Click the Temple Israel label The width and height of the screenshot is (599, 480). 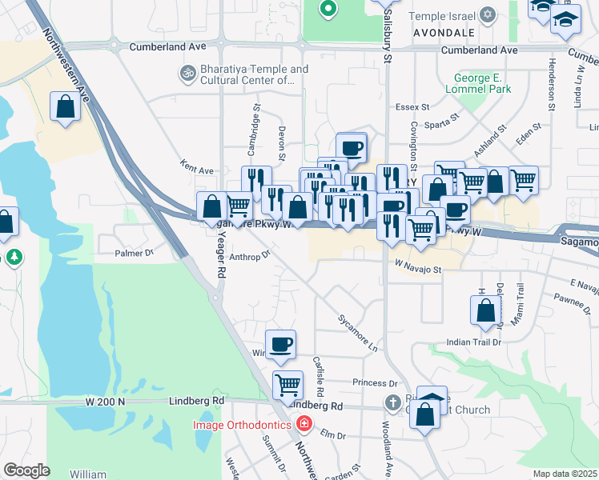[442, 16]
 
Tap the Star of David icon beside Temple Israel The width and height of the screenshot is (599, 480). [488, 15]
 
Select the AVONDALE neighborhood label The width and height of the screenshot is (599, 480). [444, 33]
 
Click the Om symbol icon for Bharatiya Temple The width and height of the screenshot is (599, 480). [187, 74]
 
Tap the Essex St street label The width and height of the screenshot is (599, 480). [413, 106]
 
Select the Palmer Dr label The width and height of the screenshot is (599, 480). [133, 253]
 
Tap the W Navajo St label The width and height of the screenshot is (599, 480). [417, 270]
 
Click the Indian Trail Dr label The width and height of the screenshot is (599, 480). [473, 342]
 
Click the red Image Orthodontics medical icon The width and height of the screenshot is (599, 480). [303, 424]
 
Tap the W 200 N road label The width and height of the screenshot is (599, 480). [107, 400]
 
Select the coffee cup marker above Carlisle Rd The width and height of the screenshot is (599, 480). [280, 345]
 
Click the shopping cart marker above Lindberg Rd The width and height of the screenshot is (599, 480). [287, 384]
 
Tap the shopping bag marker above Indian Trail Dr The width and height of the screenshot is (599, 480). [486, 310]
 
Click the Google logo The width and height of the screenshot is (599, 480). [26, 470]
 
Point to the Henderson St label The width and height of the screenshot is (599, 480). [552, 85]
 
